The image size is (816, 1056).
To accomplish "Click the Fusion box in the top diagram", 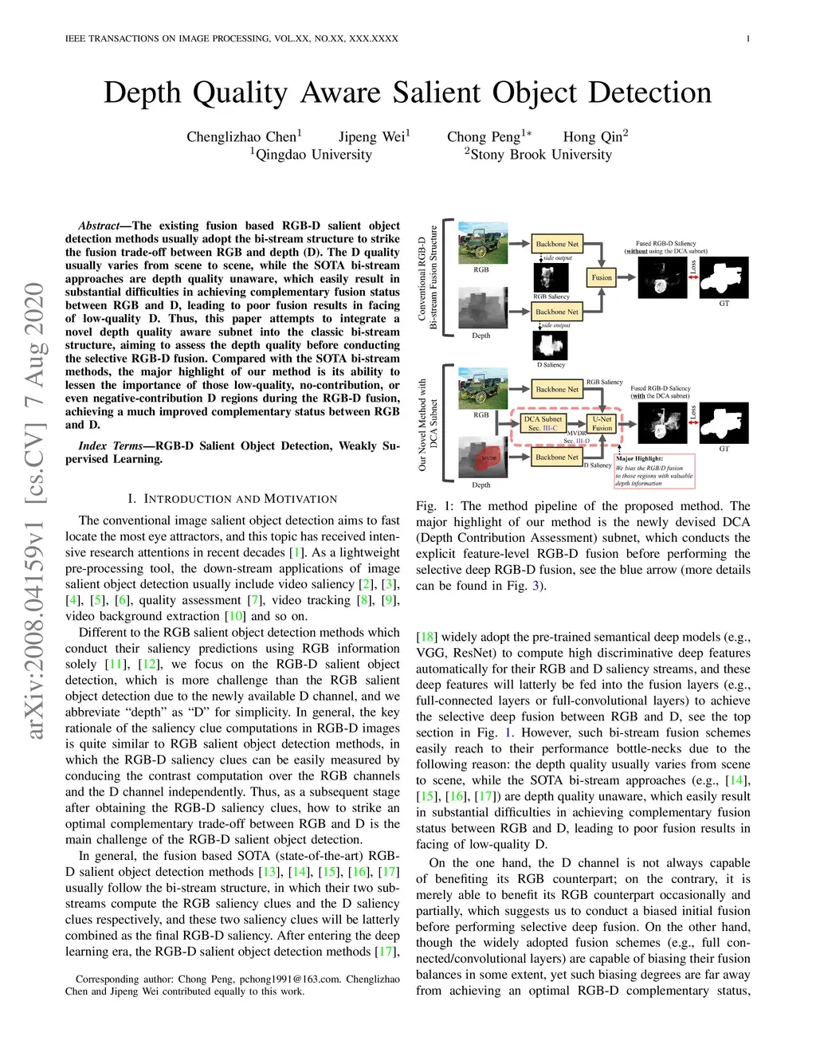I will (602, 277).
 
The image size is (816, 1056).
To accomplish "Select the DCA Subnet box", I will (543, 423).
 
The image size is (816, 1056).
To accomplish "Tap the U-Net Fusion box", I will (602, 423).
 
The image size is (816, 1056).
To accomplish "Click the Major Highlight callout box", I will (654, 470).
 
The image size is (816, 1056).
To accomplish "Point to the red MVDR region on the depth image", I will (488, 458).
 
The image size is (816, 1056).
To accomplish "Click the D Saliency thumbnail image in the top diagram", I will (550, 346).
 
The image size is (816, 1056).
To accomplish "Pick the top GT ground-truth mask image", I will (724, 277).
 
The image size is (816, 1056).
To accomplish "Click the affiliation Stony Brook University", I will (541, 155).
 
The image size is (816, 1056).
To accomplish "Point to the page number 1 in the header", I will (747, 38).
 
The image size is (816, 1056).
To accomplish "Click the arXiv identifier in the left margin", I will (35, 510).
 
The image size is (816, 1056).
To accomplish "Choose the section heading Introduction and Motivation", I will (232, 499).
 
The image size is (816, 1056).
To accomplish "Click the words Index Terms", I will (110, 446).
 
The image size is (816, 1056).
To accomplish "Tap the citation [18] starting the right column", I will (426, 637).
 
